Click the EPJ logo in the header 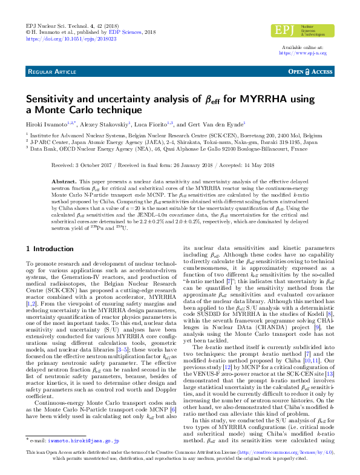click(302, 30)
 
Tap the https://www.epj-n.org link click(303, 53)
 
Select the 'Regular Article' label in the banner click(52, 72)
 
